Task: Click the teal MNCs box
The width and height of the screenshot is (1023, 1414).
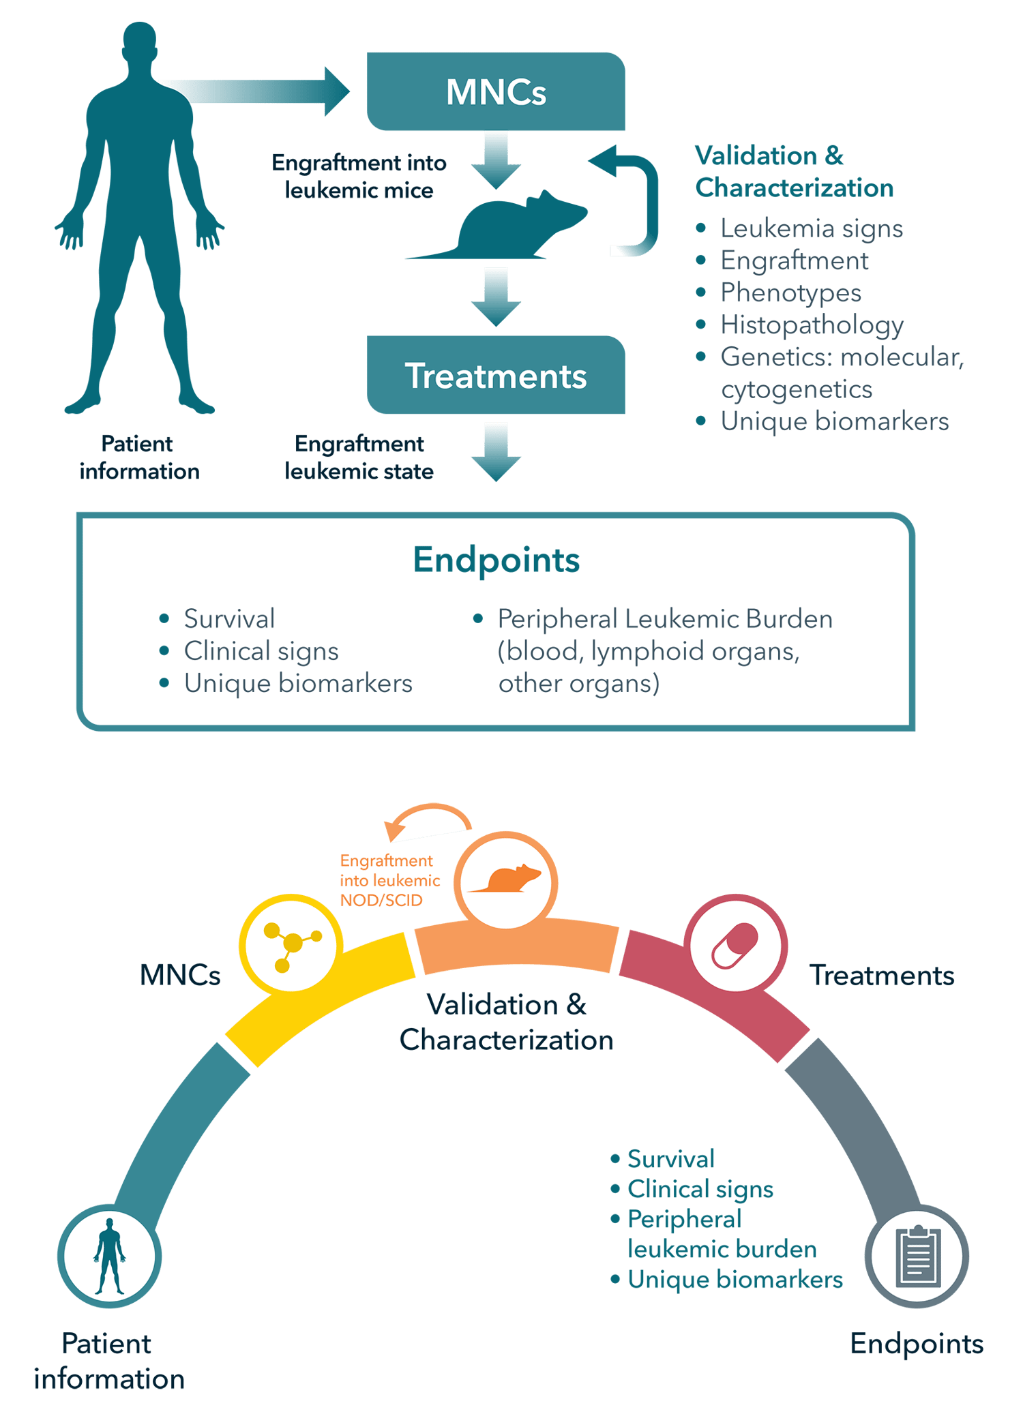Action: coord(496,91)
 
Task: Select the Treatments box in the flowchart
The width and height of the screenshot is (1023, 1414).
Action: coord(496,375)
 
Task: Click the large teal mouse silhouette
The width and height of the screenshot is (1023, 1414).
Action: coord(505,228)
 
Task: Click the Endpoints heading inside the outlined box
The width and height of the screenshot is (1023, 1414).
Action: coord(496,560)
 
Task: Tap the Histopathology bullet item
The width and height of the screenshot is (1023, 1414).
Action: coord(812,325)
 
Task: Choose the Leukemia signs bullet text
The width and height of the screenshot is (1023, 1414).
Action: coord(812,228)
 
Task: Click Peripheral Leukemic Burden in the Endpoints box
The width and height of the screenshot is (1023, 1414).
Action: coord(665,619)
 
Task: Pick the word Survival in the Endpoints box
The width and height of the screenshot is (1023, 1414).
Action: coord(229,619)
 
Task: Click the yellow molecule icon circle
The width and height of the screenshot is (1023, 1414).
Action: coord(291,945)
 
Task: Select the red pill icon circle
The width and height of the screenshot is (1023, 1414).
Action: coord(735,945)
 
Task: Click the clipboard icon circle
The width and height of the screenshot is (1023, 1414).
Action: coord(917,1255)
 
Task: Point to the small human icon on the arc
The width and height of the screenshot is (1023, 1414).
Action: coord(110,1255)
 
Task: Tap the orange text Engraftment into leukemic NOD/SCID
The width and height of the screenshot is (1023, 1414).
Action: coord(389,880)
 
